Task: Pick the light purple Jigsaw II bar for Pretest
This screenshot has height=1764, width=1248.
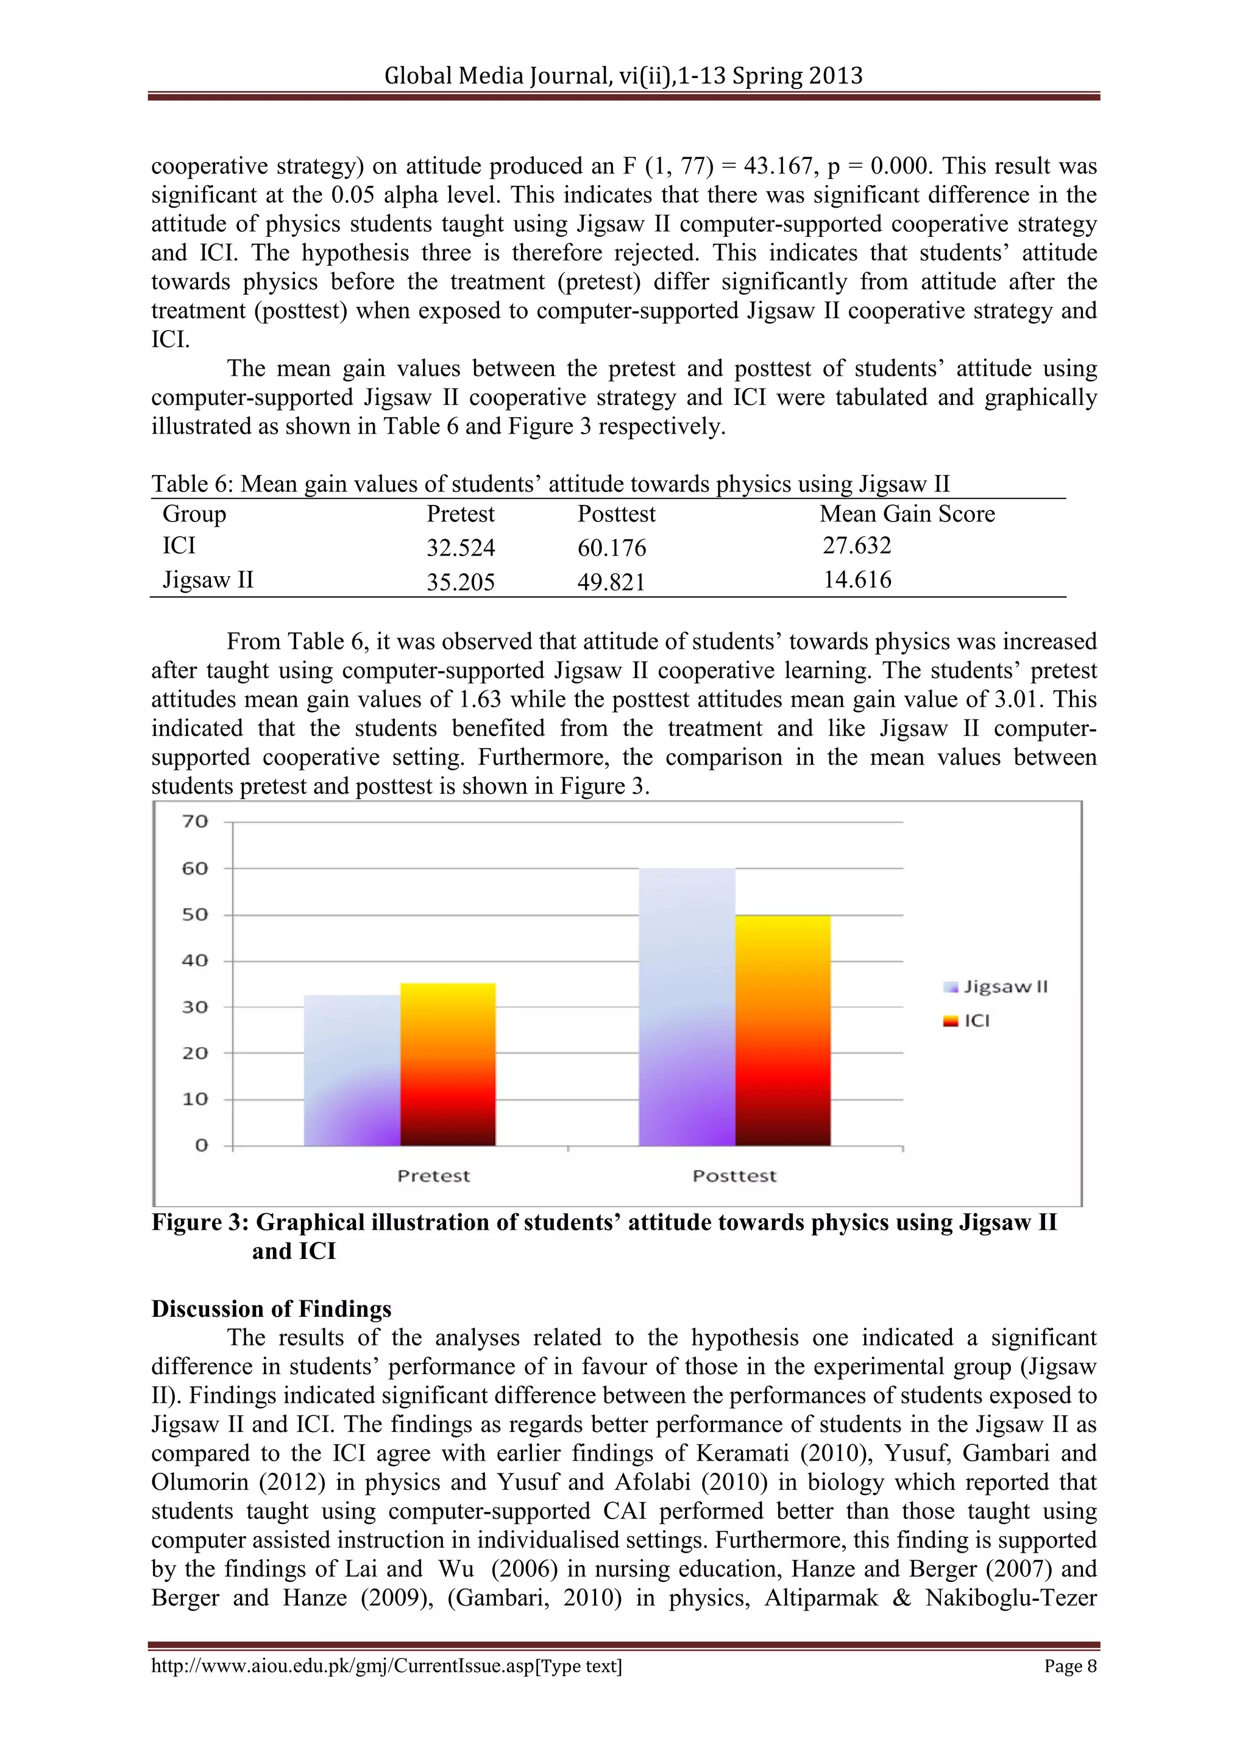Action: point(352,1070)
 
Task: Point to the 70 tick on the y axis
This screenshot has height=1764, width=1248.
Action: point(195,821)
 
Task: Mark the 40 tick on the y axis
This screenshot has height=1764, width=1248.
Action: point(195,961)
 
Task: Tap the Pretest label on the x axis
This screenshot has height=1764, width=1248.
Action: point(433,1176)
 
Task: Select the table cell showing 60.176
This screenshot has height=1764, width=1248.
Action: point(612,548)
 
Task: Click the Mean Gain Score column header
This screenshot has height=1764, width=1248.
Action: point(907,514)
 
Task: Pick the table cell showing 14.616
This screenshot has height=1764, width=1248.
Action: point(857,579)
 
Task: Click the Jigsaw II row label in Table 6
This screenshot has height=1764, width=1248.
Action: point(207,579)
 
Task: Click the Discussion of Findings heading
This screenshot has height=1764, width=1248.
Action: point(271,1309)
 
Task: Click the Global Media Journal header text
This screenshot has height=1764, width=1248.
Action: point(623,76)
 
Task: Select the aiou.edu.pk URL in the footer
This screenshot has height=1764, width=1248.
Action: point(386,1667)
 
